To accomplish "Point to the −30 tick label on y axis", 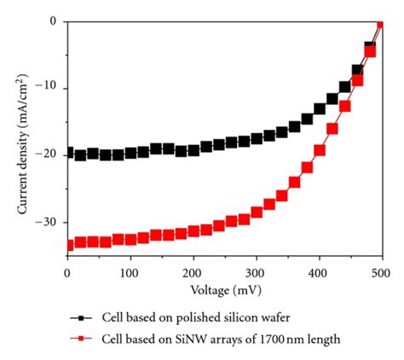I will [48, 223].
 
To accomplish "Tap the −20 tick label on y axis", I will [48, 155].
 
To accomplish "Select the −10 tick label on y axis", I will [48, 88].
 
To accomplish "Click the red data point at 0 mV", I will [68, 245].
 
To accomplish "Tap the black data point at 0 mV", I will [68, 152].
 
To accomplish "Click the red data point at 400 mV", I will [320, 150].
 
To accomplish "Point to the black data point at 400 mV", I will [320, 109].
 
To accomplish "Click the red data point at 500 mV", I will [381, 23].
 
